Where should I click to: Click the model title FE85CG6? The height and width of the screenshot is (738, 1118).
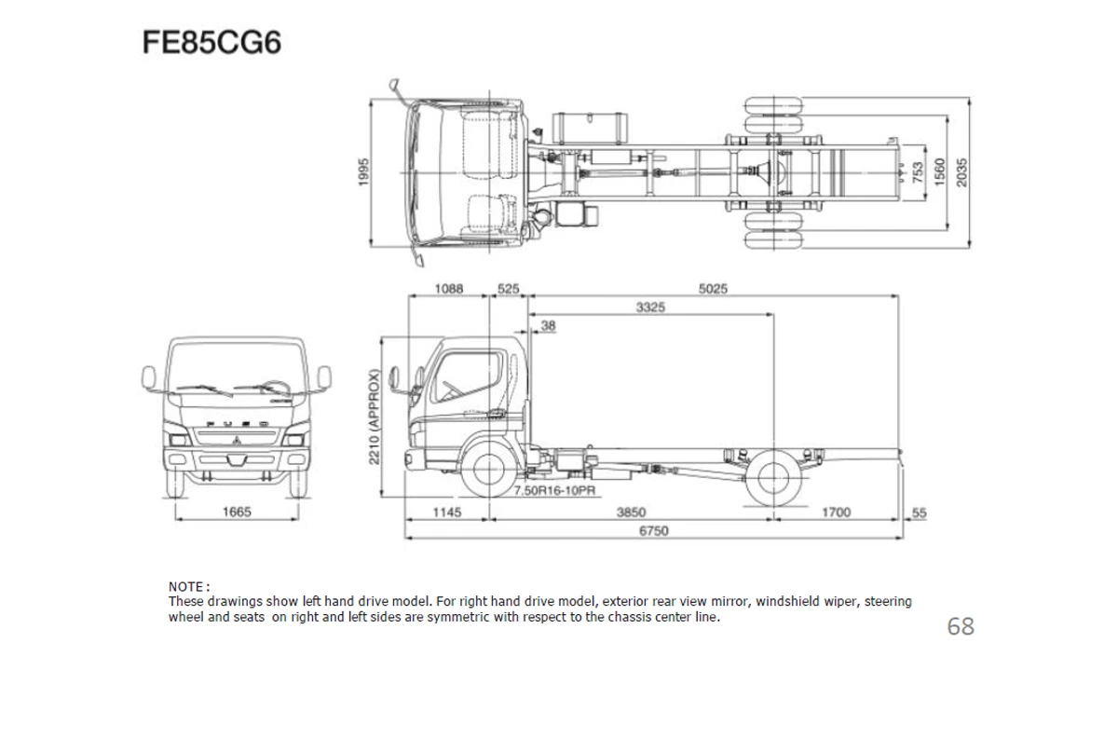coord(211,43)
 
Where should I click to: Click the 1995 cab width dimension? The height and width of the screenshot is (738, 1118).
coord(365,172)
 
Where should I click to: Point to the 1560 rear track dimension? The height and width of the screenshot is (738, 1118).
coord(940,172)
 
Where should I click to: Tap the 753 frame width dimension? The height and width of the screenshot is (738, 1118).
coord(918,172)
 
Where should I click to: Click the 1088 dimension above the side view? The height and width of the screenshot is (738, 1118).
coord(449,289)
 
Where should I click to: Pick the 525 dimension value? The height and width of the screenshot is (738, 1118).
coord(508,289)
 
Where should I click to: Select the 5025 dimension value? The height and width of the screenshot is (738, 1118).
coord(713,289)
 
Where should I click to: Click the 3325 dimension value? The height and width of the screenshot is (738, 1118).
coord(650,307)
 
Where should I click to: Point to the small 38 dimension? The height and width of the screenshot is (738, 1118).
coord(548,325)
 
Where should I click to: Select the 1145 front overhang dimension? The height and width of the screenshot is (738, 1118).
coord(447,512)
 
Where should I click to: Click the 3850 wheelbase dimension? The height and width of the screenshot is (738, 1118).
coord(631,512)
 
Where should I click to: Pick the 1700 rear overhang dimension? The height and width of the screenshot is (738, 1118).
coord(835,512)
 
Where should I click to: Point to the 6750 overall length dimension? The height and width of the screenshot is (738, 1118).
coord(652,530)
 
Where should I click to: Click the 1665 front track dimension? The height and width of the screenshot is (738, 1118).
coord(236,512)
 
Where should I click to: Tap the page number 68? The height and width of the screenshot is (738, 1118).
coord(960,626)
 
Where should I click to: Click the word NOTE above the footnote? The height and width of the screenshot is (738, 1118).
coord(186,587)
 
